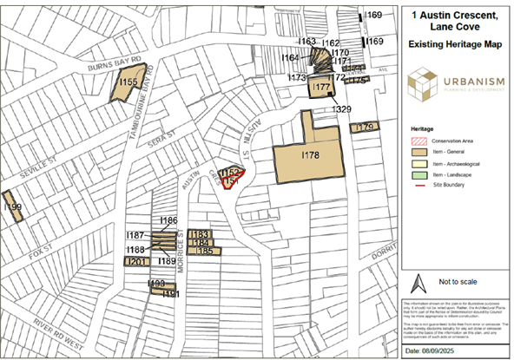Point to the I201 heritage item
pyautogui.click(x=136, y=262)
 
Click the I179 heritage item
pyautogui.click(x=363, y=128)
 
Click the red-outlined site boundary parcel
pyautogui.click(x=230, y=180)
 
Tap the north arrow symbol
pyautogui.click(x=416, y=284)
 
